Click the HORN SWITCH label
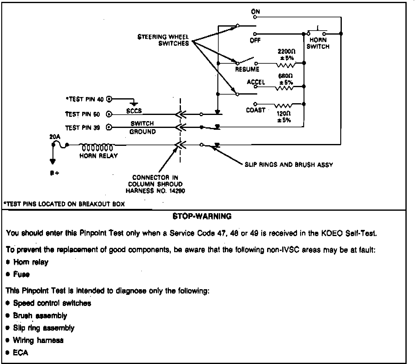click(x=318, y=43)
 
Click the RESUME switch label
click(x=247, y=70)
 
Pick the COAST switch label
click(x=256, y=110)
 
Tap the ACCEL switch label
click(x=256, y=82)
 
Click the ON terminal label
click(x=256, y=12)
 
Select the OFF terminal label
click(x=255, y=40)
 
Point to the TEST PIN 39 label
click(x=82, y=128)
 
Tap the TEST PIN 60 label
click(x=82, y=114)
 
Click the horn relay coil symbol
click(x=97, y=147)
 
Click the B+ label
click(x=54, y=173)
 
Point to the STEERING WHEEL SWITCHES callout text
click(x=163, y=40)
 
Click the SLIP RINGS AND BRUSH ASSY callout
click(x=289, y=165)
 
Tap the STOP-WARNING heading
click(x=202, y=216)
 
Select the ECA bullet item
click(x=20, y=353)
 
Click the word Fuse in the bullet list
click(x=21, y=274)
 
